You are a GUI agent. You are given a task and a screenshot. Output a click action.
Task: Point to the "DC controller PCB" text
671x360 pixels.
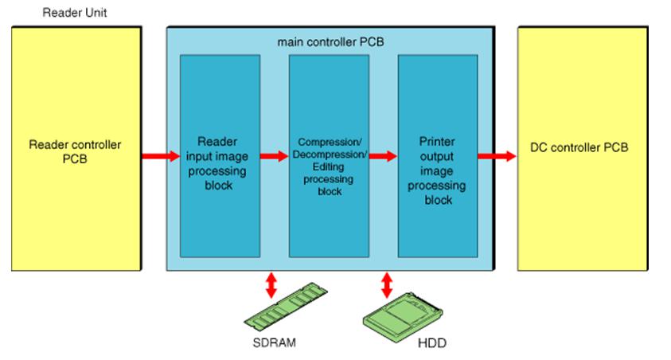[579, 147]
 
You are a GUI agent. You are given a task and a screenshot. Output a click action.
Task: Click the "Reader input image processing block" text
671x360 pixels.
[220, 163]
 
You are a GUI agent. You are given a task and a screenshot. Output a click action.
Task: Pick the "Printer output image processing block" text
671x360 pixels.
[437, 170]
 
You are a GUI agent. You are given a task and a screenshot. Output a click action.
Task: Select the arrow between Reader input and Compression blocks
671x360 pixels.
[275, 156]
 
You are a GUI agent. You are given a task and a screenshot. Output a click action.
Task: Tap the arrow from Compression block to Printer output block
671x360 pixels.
[383, 156]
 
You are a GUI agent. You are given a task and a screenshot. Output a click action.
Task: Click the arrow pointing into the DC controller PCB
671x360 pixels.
[497, 156]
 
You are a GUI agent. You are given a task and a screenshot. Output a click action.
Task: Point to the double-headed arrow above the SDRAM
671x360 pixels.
[271, 285]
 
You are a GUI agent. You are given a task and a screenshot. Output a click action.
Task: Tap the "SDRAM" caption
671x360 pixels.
[277, 345]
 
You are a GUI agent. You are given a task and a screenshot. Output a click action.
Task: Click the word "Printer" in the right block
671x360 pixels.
[437, 142]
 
